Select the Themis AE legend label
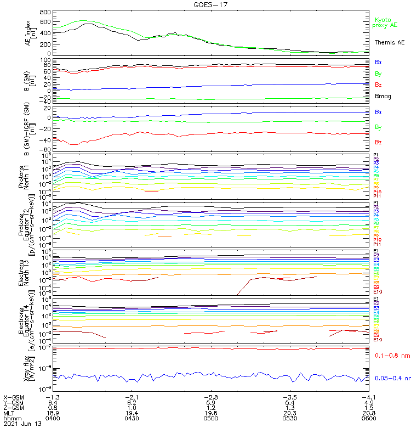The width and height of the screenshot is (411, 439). click(389, 42)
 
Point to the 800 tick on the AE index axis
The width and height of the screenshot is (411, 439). click(45, 12)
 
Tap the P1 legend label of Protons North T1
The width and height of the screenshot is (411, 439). click(376, 155)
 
